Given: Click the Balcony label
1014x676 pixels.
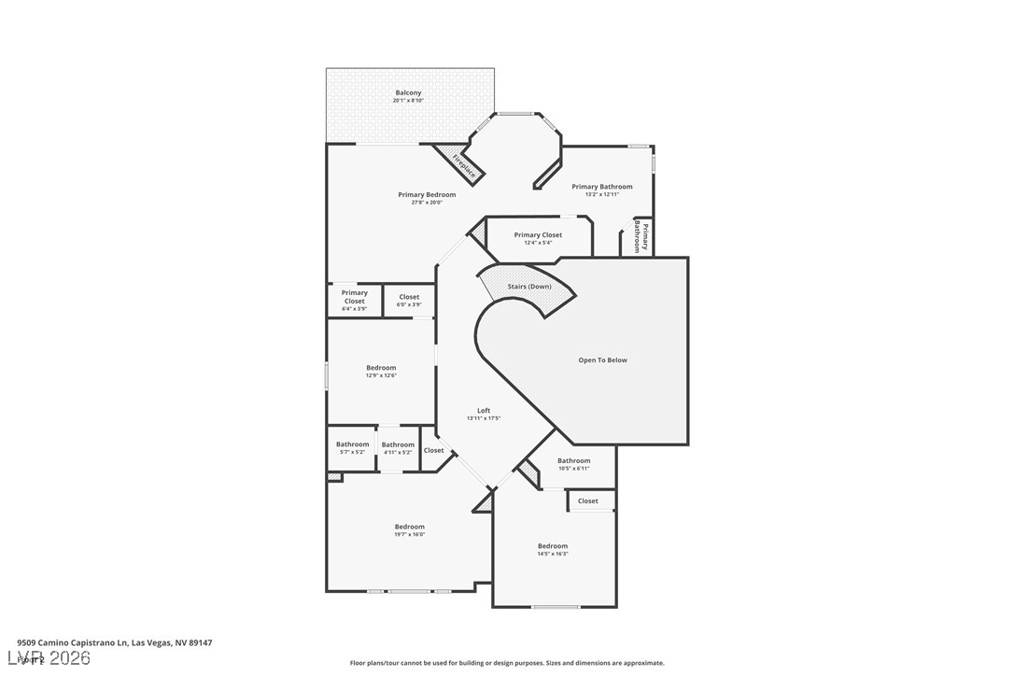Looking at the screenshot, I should click(408, 96).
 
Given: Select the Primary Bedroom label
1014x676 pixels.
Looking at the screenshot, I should click(427, 198).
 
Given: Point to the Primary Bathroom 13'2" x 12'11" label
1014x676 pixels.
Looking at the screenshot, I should click(602, 190).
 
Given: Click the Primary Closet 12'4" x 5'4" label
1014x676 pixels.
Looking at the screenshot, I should click(538, 238).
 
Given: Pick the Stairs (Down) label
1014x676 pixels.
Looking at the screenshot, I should click(529, 286).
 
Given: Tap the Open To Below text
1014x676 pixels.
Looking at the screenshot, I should click(602, 359).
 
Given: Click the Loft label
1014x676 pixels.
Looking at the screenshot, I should click(484, 414).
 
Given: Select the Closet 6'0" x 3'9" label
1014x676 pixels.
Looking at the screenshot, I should click(409, 301).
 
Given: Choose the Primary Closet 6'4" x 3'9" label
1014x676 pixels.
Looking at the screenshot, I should click(355, 300).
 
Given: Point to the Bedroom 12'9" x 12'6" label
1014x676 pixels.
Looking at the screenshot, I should click(381, 371).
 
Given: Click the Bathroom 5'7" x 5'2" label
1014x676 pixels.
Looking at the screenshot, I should click(352, 447).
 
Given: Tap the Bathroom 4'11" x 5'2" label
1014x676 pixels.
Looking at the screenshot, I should click(398, 447).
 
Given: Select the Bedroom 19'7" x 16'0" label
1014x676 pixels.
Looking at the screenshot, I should click(409, 529).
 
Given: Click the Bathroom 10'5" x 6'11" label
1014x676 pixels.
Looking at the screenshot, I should click(573, 463).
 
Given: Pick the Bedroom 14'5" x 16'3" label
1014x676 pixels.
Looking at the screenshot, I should click(552, 549).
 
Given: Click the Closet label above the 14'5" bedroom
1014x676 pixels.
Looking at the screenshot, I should click(588, 500).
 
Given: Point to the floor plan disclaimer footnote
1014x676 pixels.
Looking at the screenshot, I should click(507, 663).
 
